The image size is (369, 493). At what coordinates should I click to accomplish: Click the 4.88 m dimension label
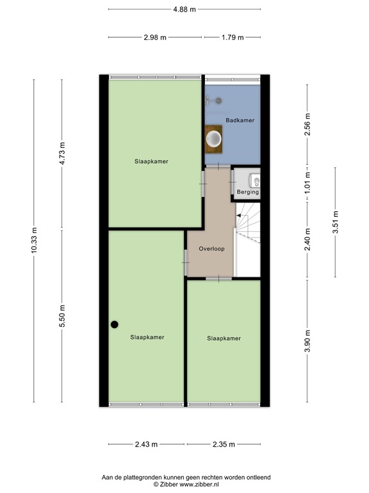184,9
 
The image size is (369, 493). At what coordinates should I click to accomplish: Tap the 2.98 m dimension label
155,37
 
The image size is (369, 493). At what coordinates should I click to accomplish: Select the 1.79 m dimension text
232,37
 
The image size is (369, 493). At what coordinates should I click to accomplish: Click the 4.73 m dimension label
62,153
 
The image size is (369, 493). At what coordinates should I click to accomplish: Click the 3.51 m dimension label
335,222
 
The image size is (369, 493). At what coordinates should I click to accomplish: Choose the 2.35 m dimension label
222,444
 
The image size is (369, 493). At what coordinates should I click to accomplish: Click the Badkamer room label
240,120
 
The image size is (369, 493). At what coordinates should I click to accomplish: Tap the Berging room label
247,192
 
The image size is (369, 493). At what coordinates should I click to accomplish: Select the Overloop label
211,248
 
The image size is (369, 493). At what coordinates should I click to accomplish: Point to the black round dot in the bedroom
114,324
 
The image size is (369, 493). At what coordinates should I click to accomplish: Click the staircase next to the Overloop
248,238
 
